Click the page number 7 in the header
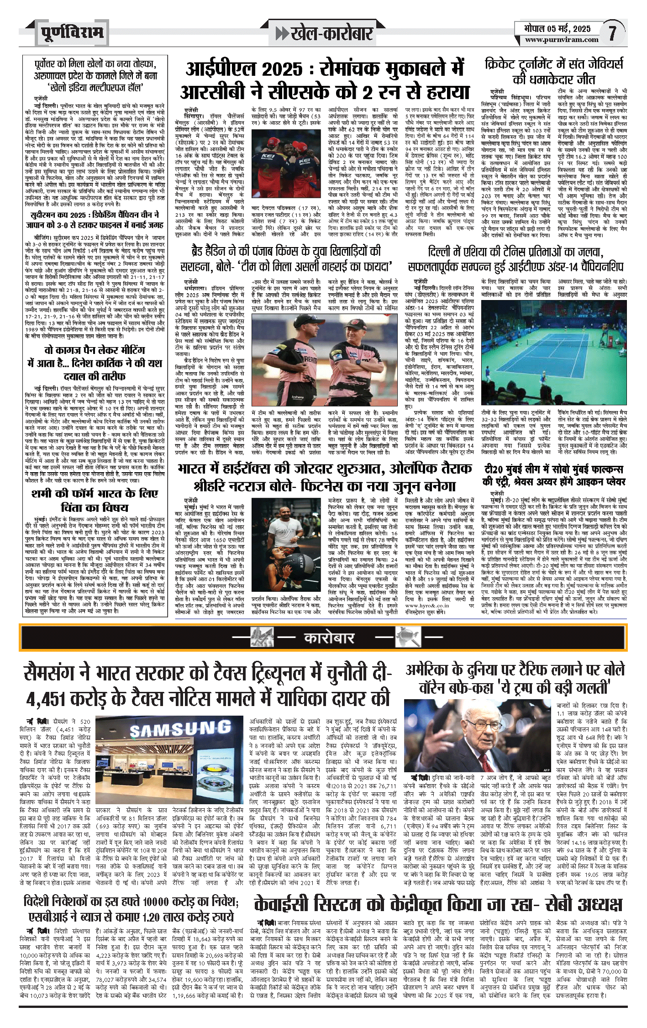coord(613,33)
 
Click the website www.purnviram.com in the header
coord(561,40)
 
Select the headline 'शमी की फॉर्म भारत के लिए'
coord(95,494)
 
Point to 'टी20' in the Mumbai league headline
coord(494,469)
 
